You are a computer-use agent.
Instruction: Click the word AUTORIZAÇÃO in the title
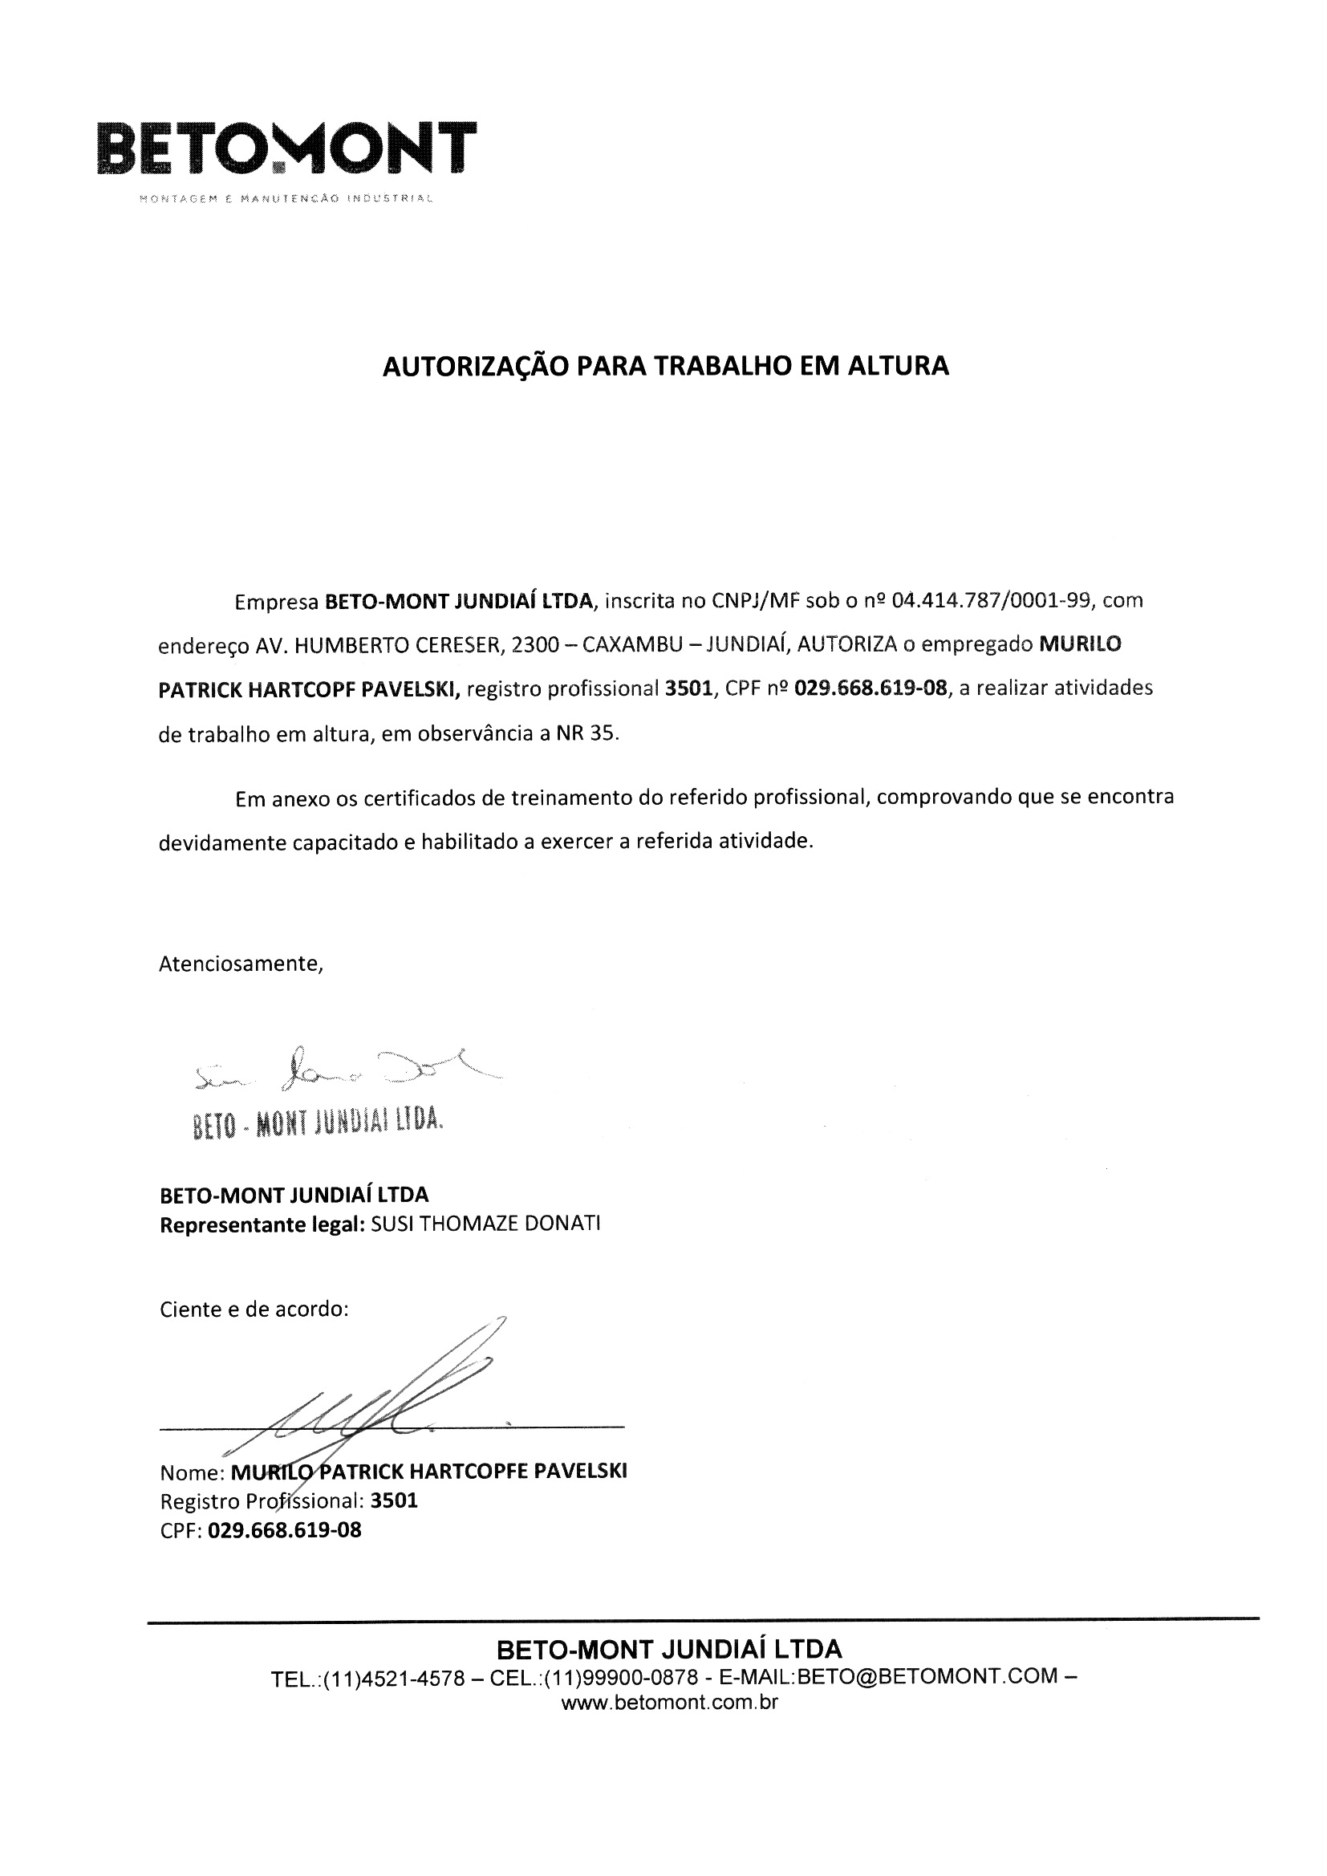click(477, 365)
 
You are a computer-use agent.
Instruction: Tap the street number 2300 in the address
click(534, 645)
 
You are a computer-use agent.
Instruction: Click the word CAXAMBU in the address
click(629, 645)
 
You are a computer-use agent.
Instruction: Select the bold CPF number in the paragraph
click(870, 688)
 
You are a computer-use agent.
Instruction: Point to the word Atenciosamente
click(241, 964)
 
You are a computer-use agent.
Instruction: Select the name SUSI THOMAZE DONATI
click(485, 1224)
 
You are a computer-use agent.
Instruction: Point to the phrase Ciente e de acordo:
click(254, 1309)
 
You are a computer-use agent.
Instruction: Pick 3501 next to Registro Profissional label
click(394, 1501)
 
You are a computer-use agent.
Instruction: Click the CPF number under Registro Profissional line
click(284, 1529)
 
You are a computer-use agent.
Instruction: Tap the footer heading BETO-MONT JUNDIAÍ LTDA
click(668, 1648)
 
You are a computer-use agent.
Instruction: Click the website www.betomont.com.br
click(669, 1703)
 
